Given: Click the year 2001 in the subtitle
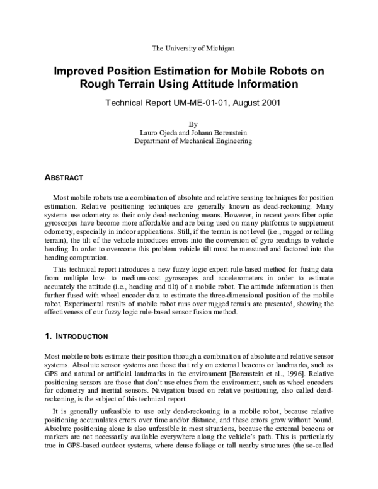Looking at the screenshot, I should (268, 101).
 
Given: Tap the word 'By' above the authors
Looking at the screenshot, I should (193, 124).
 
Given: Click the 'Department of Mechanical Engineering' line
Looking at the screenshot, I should (193, 142).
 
